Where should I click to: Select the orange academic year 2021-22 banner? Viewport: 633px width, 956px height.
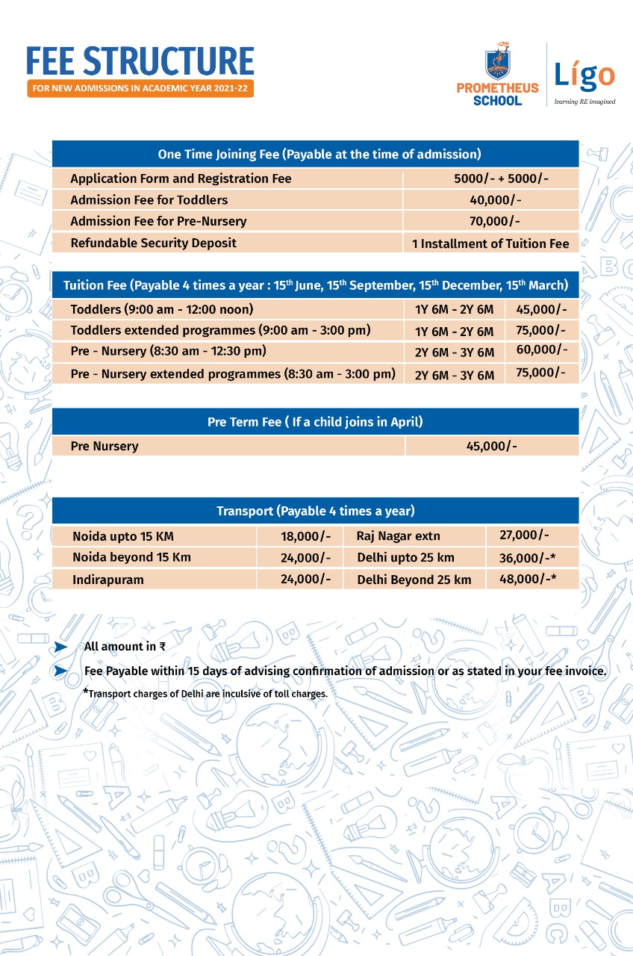click(x=140, y=89)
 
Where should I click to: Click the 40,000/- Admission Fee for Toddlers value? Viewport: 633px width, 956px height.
click(x=490, y=200)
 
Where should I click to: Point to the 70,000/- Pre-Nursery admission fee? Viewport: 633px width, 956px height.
click(x=490, y=221)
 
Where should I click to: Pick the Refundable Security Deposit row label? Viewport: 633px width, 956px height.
click(x=153, y=243)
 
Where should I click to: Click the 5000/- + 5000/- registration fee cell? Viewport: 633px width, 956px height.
click(x=490, y=179)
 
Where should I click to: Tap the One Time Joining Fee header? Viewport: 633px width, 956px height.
click(x=315, y=154)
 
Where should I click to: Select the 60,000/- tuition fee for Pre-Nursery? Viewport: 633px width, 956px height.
click(x=541, y=350)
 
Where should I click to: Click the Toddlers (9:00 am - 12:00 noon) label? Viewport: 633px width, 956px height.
click(x=162, y=309)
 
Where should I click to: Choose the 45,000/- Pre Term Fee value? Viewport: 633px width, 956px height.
click(x=491, y=446)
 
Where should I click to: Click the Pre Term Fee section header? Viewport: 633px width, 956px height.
click(x=315, y=422)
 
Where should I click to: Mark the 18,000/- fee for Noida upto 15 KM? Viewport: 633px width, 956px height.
click(x=305, y=536)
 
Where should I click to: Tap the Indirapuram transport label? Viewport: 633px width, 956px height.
click(x=108, y=580)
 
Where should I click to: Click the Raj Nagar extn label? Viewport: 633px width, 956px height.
click(x=393, y=536)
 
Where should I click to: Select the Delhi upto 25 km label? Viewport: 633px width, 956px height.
click(x=405, y=558)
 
